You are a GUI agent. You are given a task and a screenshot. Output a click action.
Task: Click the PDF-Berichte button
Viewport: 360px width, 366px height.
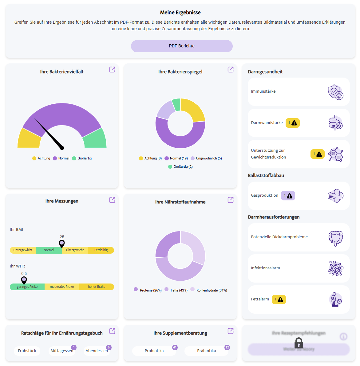coord(182,46)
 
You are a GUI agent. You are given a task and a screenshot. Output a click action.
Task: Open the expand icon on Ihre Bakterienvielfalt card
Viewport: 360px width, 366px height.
coord(112,70)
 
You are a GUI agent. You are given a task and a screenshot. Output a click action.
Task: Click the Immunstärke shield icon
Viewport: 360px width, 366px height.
coord(335,92)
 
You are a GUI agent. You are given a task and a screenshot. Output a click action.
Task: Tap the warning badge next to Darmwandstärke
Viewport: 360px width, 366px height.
coord(292,123)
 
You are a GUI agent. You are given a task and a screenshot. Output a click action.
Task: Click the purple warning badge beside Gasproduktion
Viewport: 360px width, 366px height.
coord(288,195)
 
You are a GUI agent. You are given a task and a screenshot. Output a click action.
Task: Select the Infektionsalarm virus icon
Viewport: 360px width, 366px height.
coord(335,268)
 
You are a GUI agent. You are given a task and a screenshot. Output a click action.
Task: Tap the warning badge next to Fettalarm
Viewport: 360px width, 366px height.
coord(279,299)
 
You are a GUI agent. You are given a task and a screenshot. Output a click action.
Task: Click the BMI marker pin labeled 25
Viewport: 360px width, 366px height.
coord(62,243)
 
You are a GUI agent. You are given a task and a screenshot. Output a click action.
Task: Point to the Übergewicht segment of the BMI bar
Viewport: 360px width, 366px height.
coord(75,250)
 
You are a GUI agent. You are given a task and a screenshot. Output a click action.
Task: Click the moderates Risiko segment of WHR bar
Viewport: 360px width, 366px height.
coord(62,287)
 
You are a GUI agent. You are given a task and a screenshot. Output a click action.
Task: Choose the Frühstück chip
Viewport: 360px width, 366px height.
coord(27,351)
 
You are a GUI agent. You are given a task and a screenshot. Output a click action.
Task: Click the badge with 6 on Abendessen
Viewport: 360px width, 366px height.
coord(109,347)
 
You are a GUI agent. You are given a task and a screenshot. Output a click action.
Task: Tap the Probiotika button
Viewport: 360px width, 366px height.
coord(154,351)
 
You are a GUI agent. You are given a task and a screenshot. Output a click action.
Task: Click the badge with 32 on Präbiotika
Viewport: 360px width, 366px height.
coord(227,347)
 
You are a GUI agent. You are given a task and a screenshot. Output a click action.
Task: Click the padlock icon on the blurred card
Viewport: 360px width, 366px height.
coord(299,343)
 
